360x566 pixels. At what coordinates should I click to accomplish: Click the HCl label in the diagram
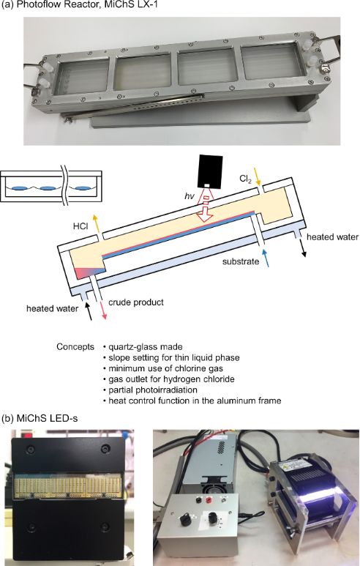coord(80,226)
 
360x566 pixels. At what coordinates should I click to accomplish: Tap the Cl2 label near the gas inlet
coord(245,179)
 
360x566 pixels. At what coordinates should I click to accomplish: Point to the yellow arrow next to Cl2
coord(257,176)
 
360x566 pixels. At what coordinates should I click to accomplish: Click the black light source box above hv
coord(210,171)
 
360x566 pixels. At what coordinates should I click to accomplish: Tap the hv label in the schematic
coord(190,196)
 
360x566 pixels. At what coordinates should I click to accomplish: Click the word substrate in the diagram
coord(241,261)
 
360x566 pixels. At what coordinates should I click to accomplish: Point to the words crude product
coord(136,302)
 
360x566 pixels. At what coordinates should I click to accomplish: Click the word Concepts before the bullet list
coord(75,347)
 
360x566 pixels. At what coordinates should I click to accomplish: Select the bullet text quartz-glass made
coord(146,347)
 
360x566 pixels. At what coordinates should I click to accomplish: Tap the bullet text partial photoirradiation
coord(153,390)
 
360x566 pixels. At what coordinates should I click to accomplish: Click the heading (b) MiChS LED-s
coord(40,419)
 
